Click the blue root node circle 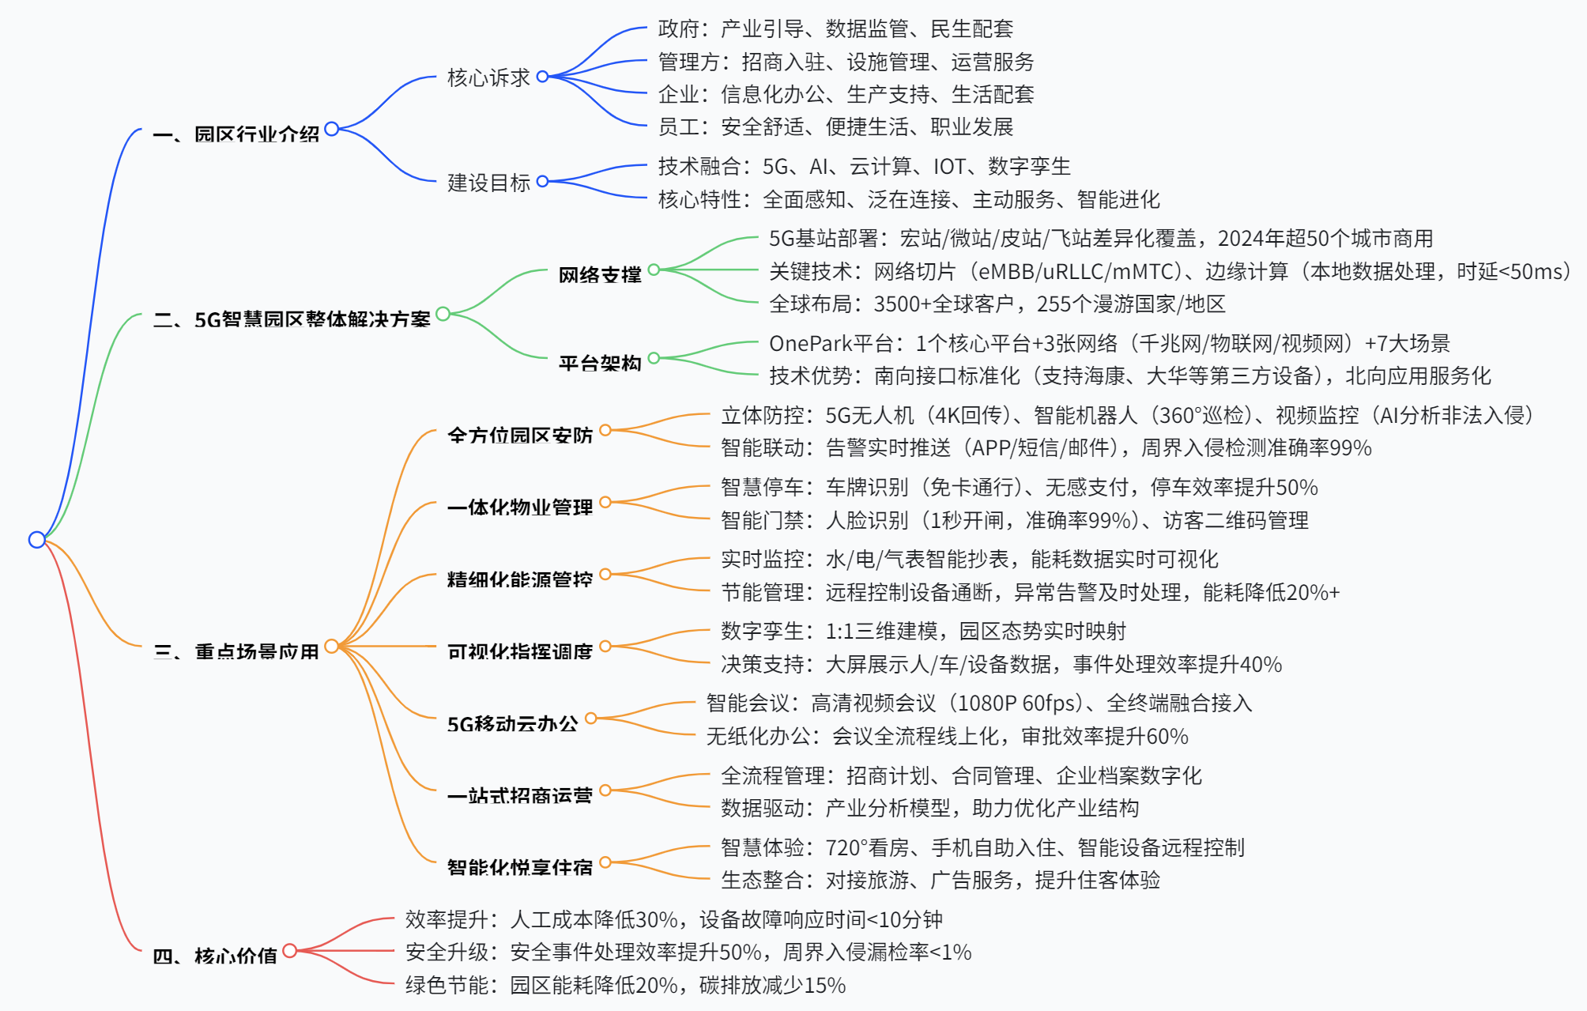coord(36,540)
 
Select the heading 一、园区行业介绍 coord(236,134)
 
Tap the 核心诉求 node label coord(488,77)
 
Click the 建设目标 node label coord(488,183)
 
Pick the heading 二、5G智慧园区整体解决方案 coord(292,319)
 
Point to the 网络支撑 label coord(600,274)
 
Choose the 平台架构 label coord(600,363)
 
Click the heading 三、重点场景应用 coord(236,651)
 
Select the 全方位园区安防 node coord(520,435)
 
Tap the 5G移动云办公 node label coord(512,723)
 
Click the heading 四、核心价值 coord(215,956)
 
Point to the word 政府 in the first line coord(678,29)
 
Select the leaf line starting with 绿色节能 coord(625,985)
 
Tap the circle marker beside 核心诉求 coord(542,77)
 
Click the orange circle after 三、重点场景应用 coord(331,646)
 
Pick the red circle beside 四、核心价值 coord(290,950)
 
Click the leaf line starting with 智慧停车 coord(1019,487)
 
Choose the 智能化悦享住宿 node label coord(520,867)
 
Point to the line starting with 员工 coord(835,126)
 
